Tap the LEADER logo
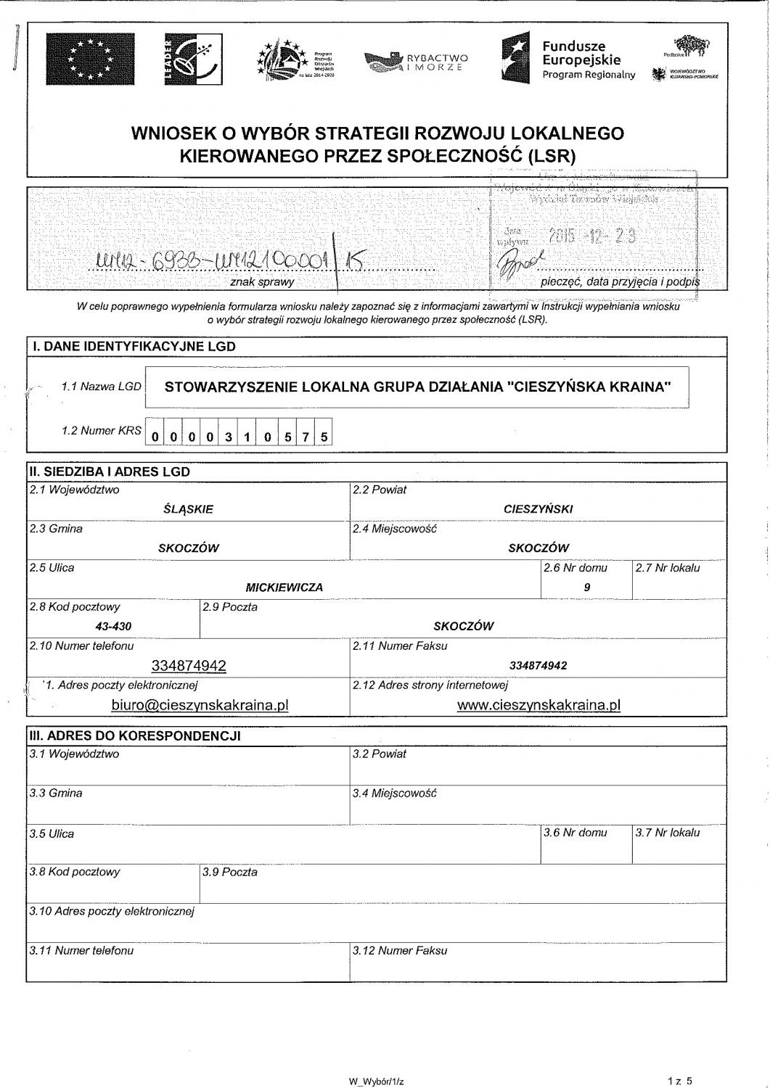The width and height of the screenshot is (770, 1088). [192, 59]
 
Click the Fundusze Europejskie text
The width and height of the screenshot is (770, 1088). [581, 53]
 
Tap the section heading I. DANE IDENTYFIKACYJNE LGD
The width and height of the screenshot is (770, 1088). [134, 347]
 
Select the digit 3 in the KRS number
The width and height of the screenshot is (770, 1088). [229, 437]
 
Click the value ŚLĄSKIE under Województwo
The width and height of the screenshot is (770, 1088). [189, 509]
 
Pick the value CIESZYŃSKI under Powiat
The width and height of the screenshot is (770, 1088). [538, 509]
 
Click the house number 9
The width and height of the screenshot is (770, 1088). [586, 588]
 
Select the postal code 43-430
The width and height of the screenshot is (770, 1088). [113, 627]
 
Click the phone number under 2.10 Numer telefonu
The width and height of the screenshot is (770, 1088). [189, 666]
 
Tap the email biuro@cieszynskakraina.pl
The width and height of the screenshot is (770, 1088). [200, 705]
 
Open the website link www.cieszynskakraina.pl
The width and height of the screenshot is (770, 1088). [538, 705]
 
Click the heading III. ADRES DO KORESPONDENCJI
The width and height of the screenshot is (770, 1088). [134, 735]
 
